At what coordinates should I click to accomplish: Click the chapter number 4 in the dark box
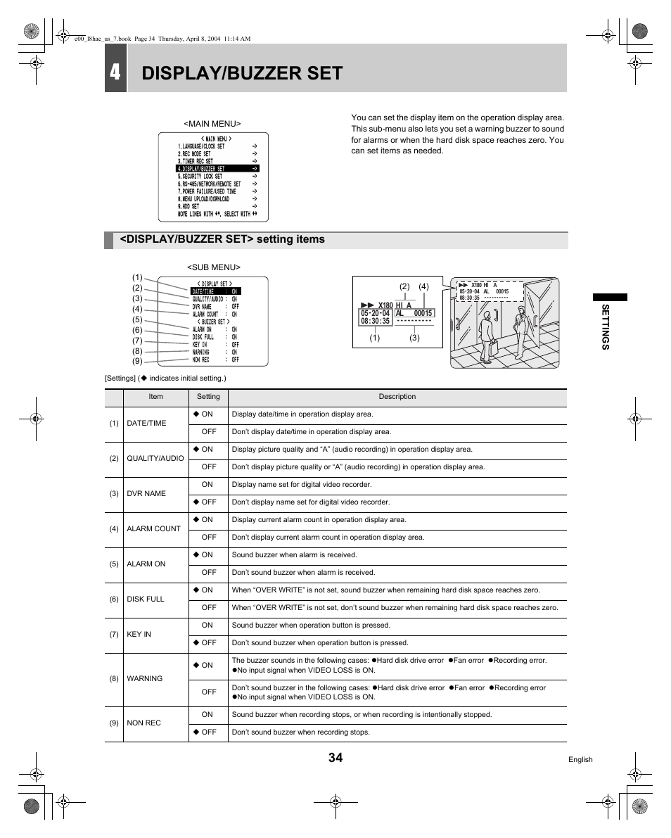click(x=115, y=72)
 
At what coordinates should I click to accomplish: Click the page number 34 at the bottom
click(x=335, y=758)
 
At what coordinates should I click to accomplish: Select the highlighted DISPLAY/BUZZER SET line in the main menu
click(x=217, y=169)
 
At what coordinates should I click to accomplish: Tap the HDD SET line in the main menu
click(x=189, y=206)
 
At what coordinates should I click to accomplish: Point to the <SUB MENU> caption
click(x=213, y=267)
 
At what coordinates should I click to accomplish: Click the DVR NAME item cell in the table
click(x=146, y=493)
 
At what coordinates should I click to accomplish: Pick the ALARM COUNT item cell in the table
click(x=153, y=528)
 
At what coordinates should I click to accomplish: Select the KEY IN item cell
click(x=139, y=634)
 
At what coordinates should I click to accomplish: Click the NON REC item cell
click(x=143, y=723)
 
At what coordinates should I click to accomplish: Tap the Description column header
click(x=397, y=397)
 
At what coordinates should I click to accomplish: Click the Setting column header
click(x=208, y=397)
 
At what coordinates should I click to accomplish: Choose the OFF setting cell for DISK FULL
click(x=208, y=607)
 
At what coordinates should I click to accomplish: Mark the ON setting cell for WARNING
click(x=207, y=665)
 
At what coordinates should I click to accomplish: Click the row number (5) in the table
click(x=114, y=564)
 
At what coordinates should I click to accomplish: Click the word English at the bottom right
click(x=580, y=760)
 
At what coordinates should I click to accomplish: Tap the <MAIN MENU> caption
click(x=212, y=124)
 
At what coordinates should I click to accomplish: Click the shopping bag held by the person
click(x=494, y=348)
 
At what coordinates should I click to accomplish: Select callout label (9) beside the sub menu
click(x=137, y=362)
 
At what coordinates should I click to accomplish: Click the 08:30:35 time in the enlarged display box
click(x=375, y=321)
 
